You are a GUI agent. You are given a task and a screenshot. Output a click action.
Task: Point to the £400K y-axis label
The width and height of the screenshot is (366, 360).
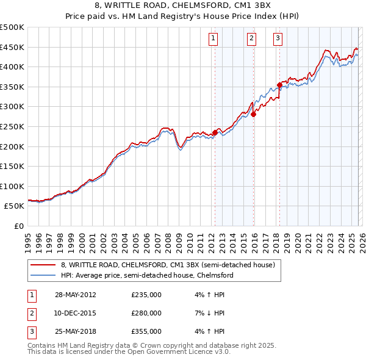click(x=12, y=67)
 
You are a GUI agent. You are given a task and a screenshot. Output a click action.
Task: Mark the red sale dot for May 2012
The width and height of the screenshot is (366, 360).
click(x=215, y=132)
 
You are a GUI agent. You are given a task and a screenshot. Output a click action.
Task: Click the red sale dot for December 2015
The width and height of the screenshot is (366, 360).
click(x=253, y=114)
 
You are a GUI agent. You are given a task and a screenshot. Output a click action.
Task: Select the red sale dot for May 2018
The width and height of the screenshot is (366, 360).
click(x=279, y=85)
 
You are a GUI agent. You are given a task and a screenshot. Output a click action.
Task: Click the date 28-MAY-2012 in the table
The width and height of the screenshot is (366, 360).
click(x=75, y=295)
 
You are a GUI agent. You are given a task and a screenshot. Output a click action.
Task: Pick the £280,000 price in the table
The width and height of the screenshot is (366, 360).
click(x=146, y=313)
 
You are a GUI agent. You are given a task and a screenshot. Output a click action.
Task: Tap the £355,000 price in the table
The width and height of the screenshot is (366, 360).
click(x=146, y=331)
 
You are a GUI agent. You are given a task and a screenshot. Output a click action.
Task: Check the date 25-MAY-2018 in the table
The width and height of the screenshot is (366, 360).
click(x=75, y=331)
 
